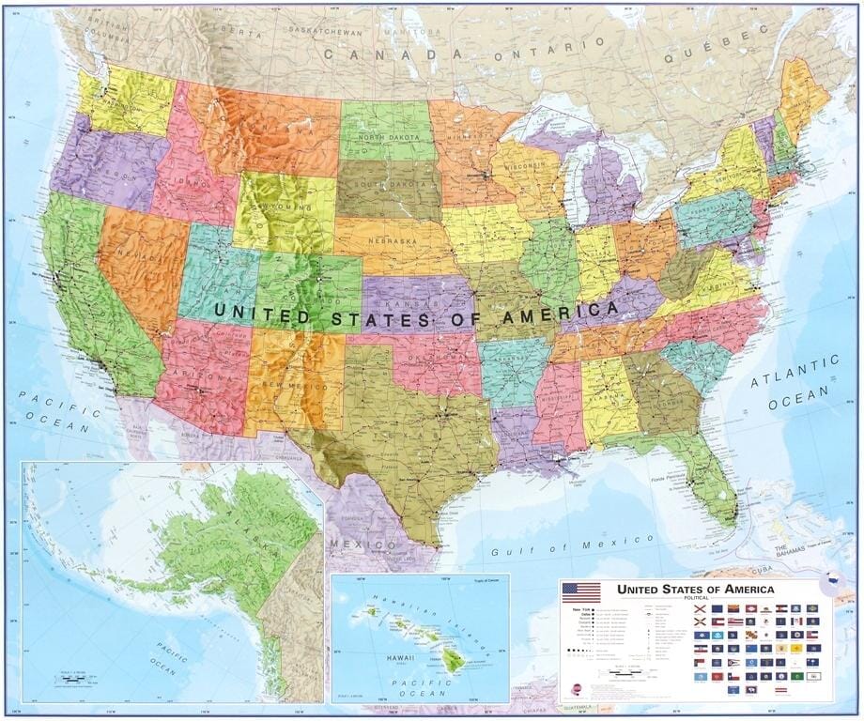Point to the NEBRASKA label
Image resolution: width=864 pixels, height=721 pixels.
pyautogui.click(x=392, y=241)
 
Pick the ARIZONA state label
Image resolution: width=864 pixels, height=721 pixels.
pyautogui.click(x=200, y=376)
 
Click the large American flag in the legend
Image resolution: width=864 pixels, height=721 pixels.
pyautogui.click(x=581, y=592)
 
